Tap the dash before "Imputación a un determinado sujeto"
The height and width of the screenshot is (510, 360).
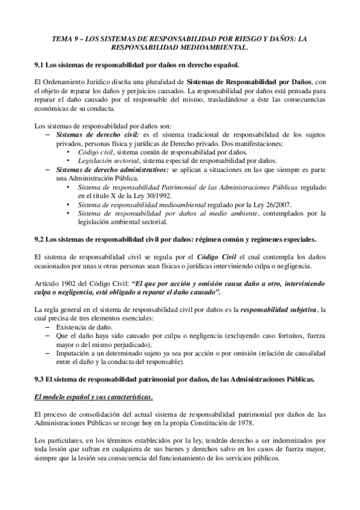[x=48, y=354]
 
